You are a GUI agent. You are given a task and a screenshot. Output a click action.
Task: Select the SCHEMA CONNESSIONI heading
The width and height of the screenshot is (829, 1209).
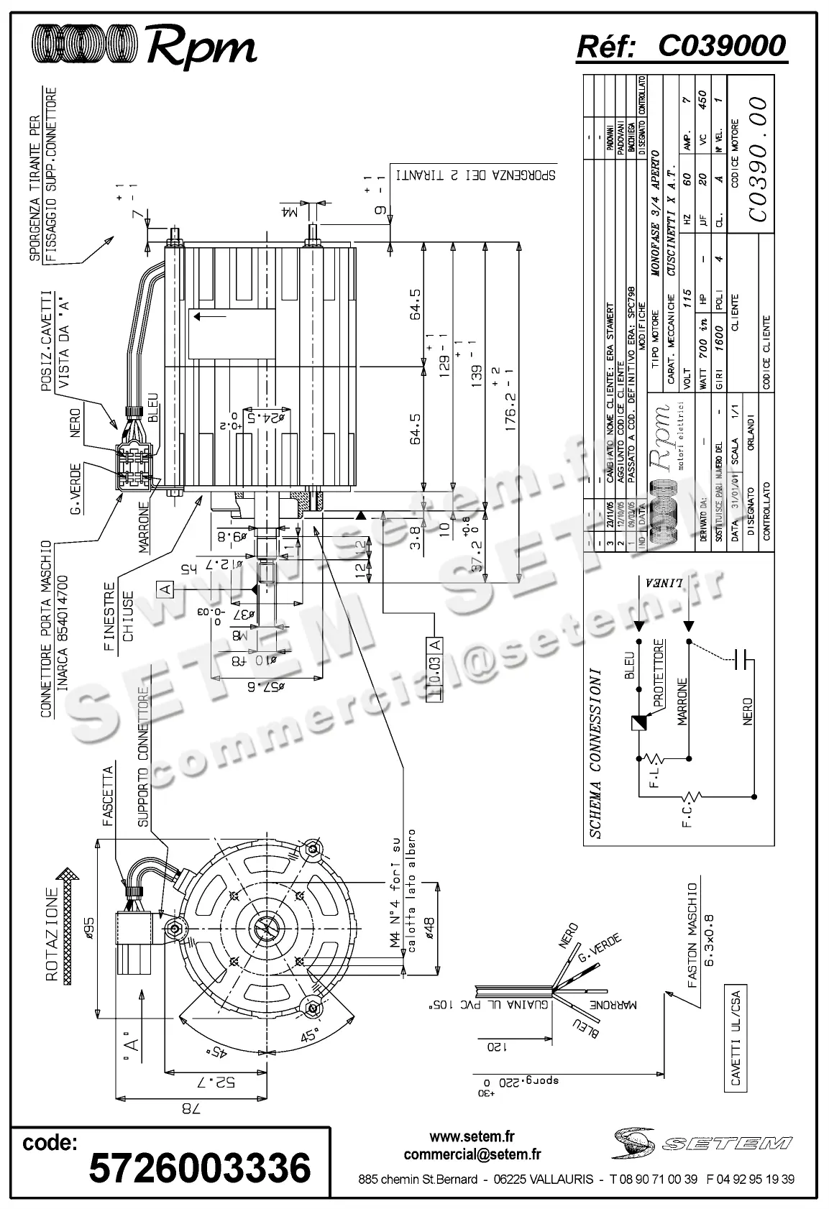pyautogui.click(x=594, y=755)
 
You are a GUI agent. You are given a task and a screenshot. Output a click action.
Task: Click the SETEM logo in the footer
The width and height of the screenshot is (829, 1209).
pyautogui.click(x=701, y=1141)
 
